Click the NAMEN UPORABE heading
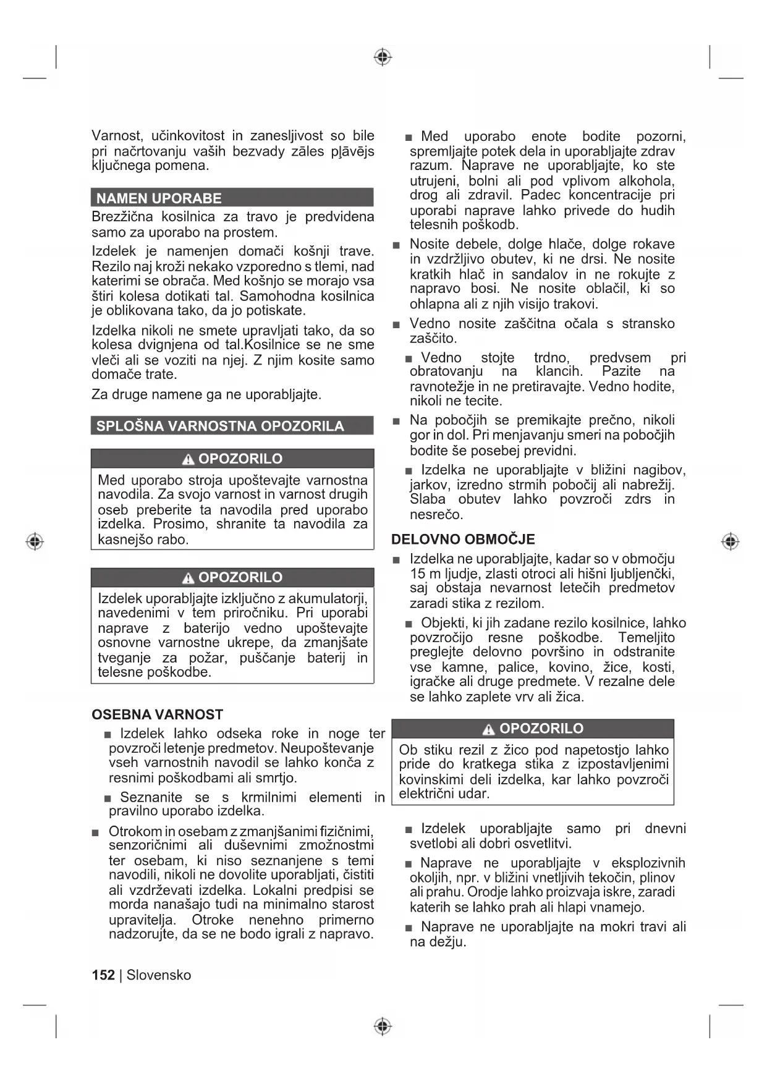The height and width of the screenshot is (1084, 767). tap(159, 198)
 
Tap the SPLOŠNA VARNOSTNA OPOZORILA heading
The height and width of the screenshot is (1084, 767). tap(220, 426)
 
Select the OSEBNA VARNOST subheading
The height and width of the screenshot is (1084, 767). tap(157, 714)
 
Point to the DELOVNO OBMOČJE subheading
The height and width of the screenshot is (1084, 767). tap(463, 539)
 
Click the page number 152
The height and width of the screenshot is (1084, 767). tap(103, 975)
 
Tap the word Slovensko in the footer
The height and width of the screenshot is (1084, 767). tap(159, 975)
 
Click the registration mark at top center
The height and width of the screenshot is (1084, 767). tap(383, 57)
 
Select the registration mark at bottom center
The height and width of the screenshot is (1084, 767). tap(383, 1026)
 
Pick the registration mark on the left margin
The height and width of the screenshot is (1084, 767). tap(35, 541)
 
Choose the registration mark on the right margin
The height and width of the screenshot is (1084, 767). tap(731, 541)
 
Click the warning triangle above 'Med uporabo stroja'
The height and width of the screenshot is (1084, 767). tap(189, 459)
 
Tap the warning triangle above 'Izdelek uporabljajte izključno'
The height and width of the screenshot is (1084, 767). tap(189, 578)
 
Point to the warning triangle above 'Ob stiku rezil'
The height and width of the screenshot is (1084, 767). tap(489, 729)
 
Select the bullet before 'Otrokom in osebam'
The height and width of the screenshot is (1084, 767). tap(95, 832)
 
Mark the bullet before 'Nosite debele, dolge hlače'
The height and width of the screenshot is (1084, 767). tap(396, 245)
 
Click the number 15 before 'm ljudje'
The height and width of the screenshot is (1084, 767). tap(418, 574)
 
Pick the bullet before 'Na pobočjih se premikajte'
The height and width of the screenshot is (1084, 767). tap(396, 421)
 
